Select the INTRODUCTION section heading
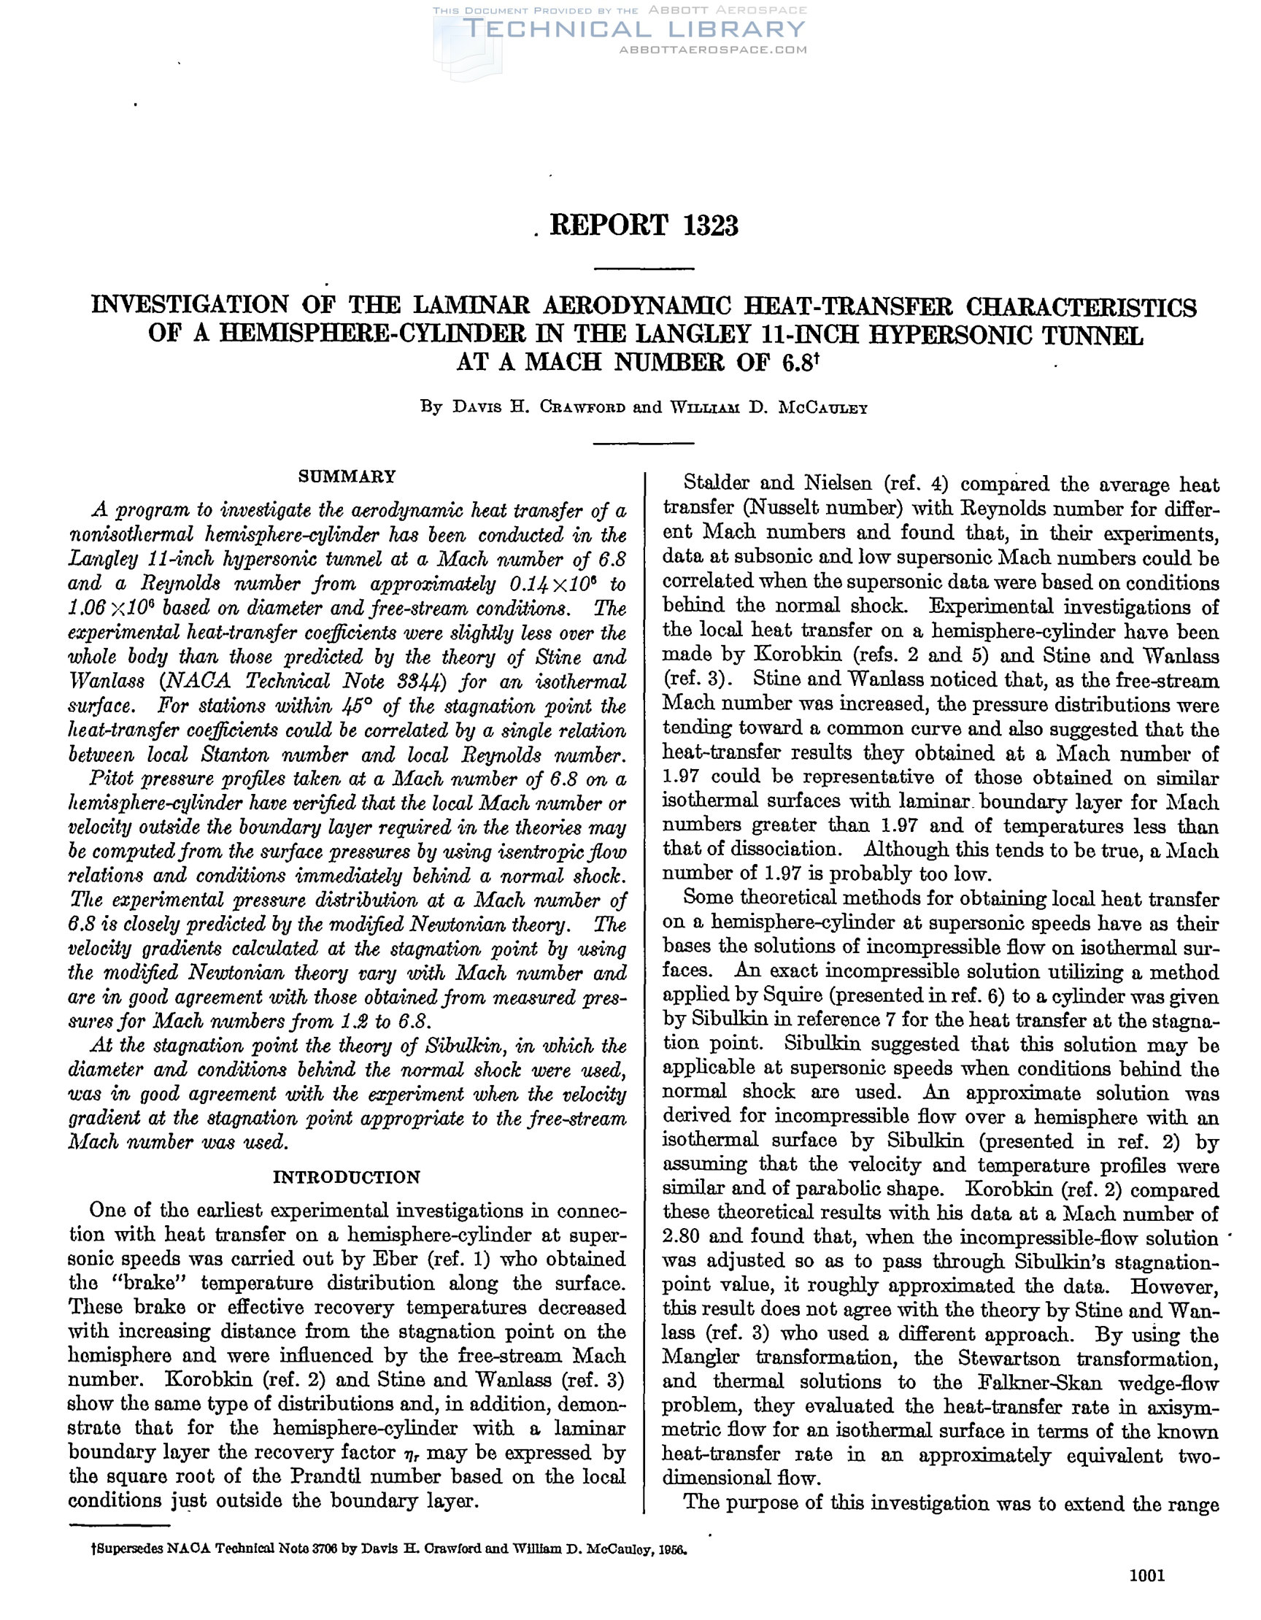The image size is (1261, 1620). point(347,1177)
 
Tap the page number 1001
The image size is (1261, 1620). point(1146,1590)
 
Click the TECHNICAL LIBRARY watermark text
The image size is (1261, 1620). point(633,29)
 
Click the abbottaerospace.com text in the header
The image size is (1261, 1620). point(712,50)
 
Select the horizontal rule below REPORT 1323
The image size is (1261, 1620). point(644,268)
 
